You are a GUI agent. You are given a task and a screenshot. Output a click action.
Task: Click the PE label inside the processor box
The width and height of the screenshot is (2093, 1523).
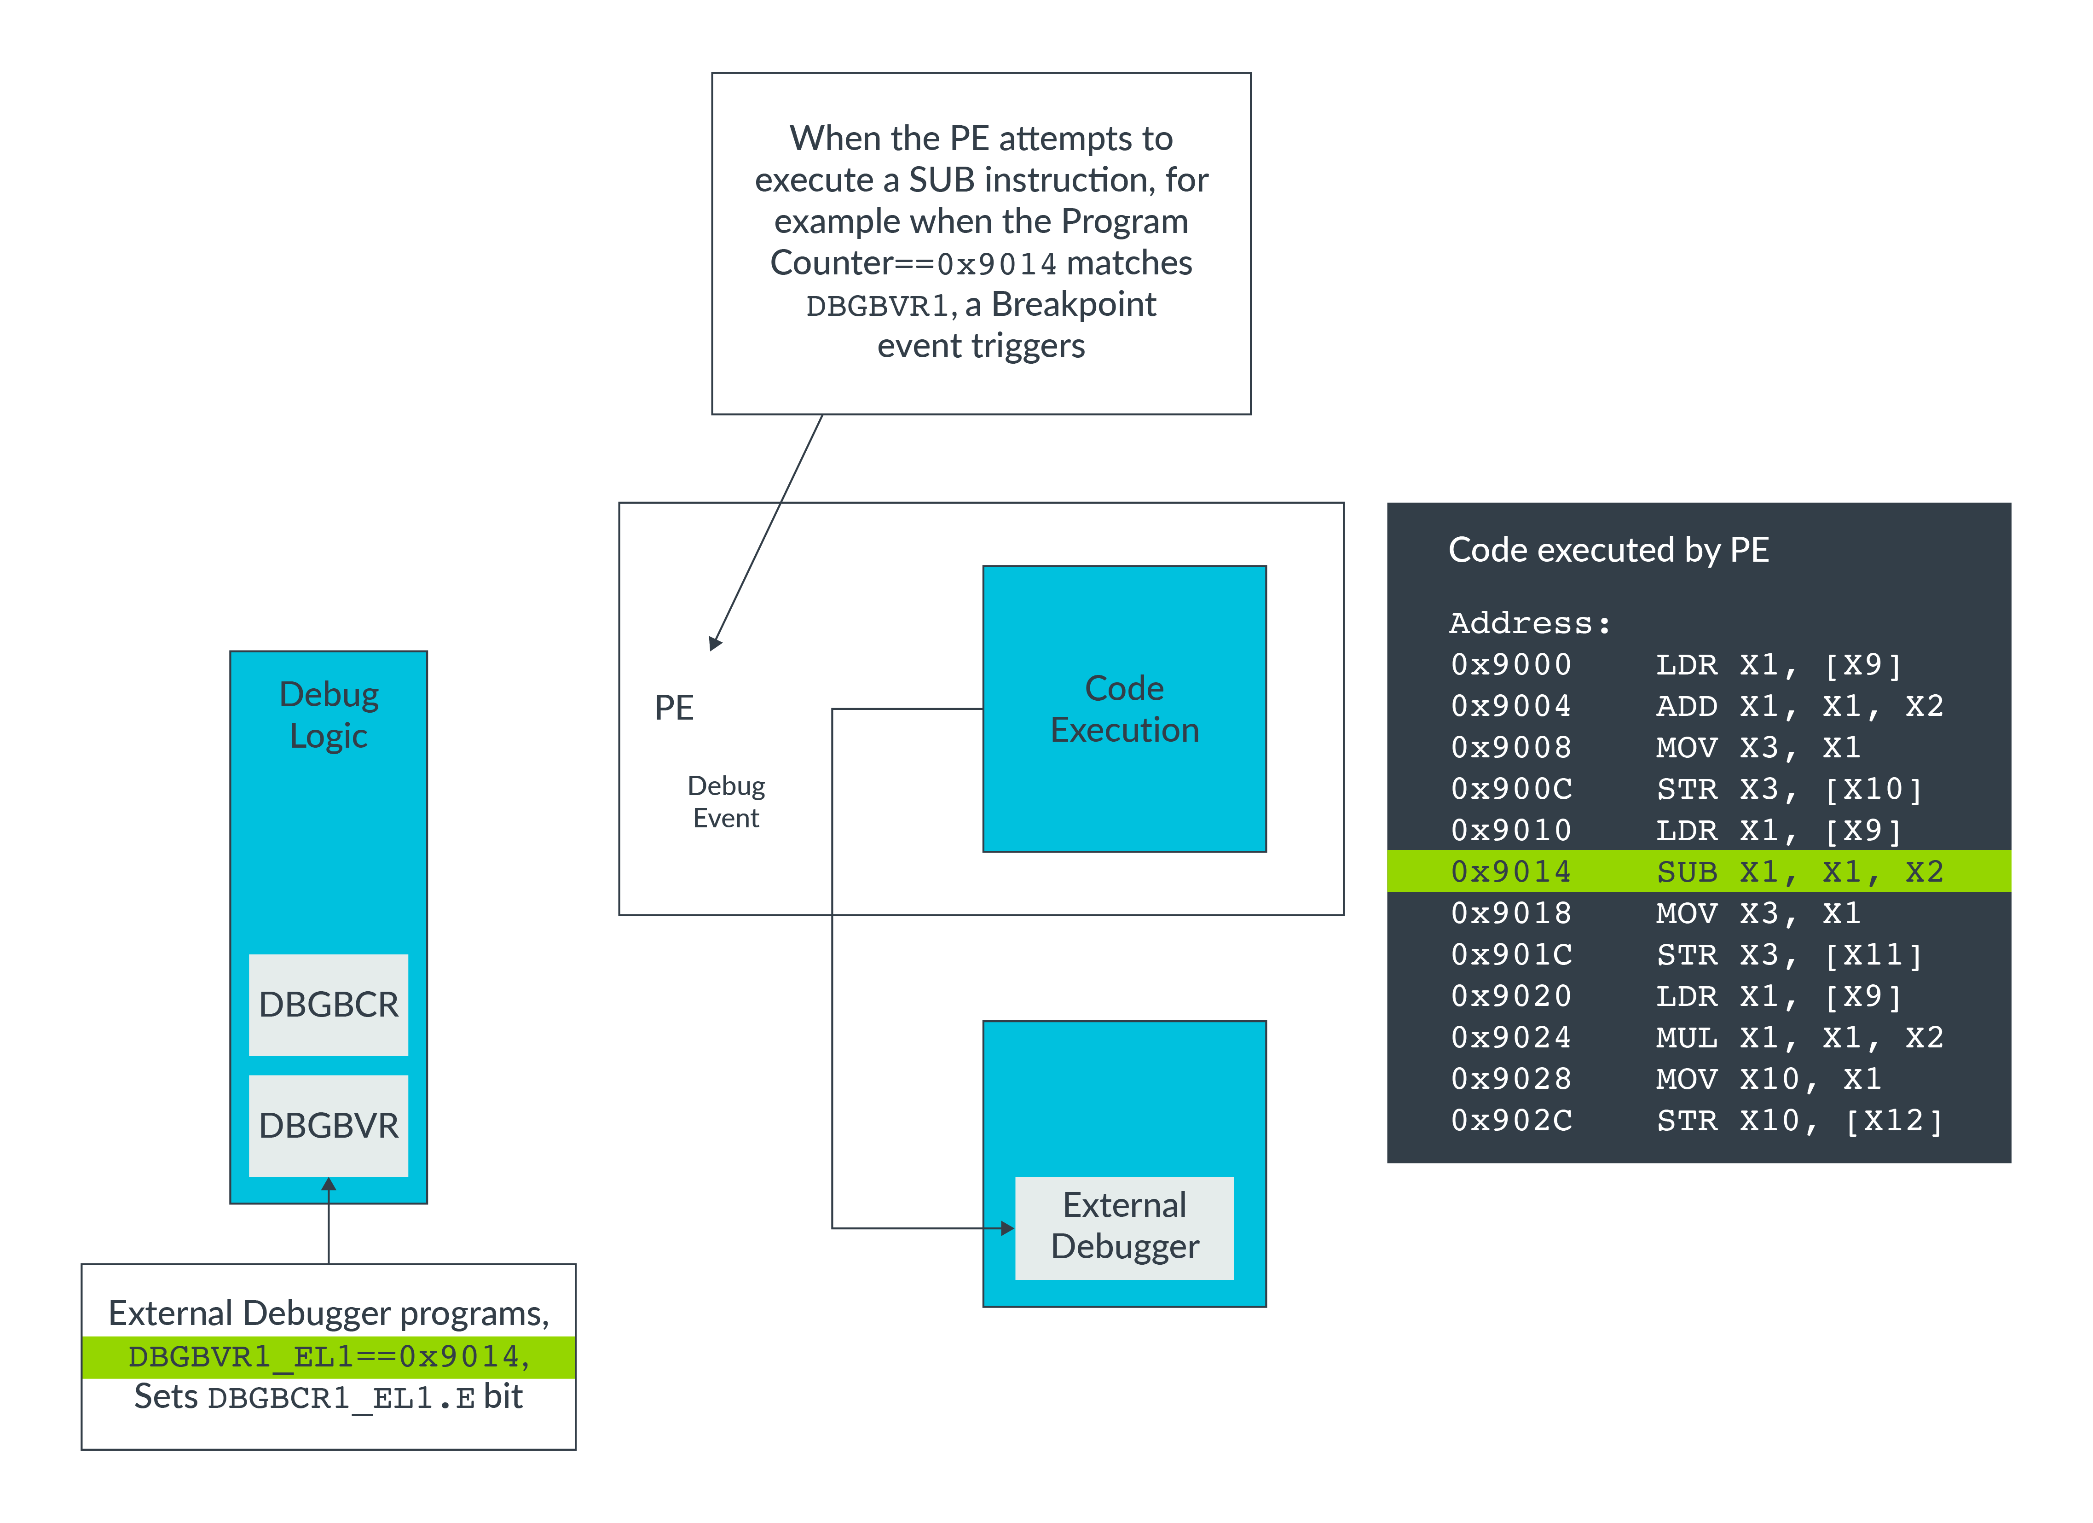tap(674, 708)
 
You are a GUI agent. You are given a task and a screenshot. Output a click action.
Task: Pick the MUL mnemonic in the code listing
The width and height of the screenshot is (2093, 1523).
tap(1686, 1037)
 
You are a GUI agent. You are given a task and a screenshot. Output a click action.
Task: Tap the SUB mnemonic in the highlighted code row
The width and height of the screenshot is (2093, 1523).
tap(1686, 872)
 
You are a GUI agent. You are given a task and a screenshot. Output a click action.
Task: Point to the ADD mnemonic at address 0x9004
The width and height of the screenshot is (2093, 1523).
tap(1686, 706)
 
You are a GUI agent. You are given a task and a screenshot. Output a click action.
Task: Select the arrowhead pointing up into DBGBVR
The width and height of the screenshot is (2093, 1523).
tap(329, 1184)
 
